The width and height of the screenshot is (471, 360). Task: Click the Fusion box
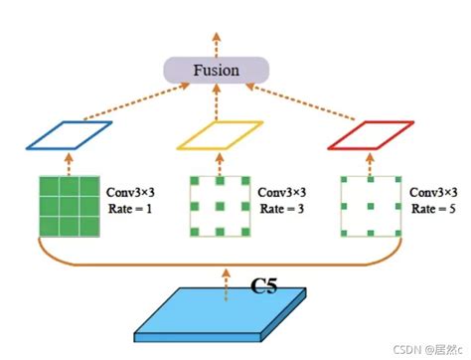216,70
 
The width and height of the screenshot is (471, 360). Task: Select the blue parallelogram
70,135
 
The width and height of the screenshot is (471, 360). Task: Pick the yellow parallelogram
220,135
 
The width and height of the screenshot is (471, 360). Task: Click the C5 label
264,288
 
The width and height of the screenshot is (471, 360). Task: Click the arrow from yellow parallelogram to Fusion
217,102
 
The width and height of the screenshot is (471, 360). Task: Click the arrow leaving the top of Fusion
216,35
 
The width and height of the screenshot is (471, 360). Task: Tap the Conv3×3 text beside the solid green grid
132,190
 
